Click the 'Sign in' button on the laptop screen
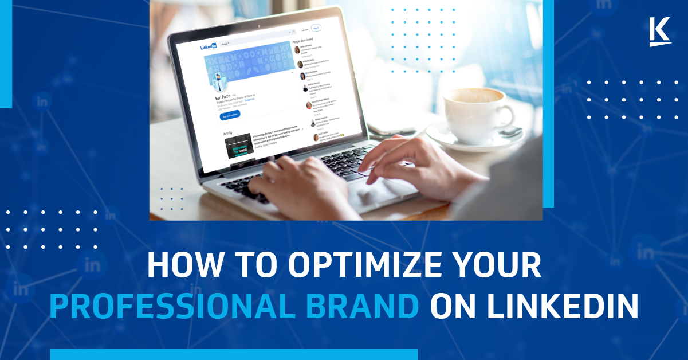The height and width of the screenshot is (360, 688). point(316,28)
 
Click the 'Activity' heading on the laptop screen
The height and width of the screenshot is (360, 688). point(228,134)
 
